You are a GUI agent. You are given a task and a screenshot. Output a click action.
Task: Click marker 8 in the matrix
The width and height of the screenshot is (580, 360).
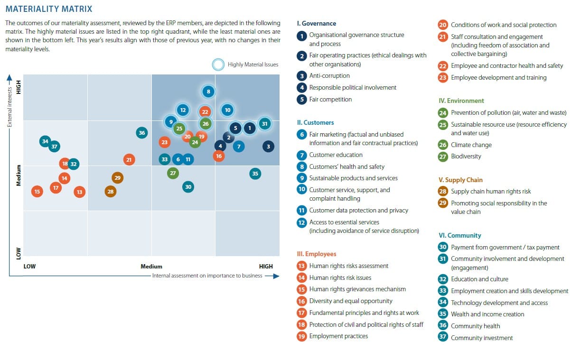point(208,92)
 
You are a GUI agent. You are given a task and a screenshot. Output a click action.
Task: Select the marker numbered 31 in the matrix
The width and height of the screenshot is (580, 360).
point(265,124)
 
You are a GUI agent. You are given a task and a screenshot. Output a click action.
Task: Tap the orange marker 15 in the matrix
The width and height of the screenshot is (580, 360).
point(37,192)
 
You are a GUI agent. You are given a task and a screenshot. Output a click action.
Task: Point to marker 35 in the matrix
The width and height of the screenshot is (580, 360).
point(255,174)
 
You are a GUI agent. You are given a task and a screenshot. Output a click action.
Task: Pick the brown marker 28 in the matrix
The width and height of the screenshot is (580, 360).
point(111,192)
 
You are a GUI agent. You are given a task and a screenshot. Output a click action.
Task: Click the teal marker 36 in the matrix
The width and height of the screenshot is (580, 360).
point(141,133)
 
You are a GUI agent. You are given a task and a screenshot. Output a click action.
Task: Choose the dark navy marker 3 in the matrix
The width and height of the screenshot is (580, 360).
point(268,147)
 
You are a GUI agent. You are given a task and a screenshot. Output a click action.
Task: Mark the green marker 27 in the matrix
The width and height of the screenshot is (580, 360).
point(173,173)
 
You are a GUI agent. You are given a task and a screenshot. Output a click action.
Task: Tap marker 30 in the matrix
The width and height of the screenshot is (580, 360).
point(188,187)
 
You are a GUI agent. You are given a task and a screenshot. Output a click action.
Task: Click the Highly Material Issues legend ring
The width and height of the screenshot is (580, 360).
point(218,65)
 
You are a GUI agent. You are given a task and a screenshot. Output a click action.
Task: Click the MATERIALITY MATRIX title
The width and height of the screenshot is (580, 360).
point(48,9)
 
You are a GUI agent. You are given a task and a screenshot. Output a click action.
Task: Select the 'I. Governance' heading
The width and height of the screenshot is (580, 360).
point(316,23)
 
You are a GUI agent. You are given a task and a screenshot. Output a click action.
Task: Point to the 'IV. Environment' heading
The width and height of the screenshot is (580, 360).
point(461,101)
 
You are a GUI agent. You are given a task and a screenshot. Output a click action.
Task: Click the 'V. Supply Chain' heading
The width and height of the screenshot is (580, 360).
point(460,180)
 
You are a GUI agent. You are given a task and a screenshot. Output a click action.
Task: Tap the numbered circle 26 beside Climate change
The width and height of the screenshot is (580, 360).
point(443,145)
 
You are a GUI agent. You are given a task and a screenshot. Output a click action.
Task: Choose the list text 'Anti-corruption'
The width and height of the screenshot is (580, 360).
point(329,75)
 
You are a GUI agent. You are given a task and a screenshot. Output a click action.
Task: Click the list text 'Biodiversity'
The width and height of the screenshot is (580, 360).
point(466,156)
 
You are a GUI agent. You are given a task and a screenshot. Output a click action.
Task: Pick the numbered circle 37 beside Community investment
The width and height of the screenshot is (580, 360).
point(443,338)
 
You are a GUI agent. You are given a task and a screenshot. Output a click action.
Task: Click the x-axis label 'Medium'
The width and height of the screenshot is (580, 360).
point(151,266)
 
